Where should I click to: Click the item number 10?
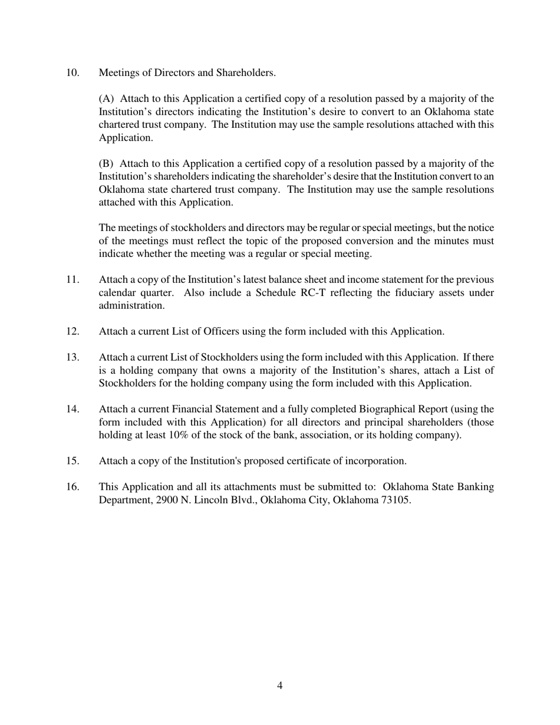[73, 73]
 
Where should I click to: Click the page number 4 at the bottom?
[279, 686]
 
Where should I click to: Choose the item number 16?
[73, 487]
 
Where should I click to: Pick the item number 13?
[73, 358]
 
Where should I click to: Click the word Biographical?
[390, 410]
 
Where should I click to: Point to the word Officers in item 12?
[220, 332]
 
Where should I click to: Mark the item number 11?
[73, 280]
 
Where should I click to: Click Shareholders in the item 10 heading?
[245, 73]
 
